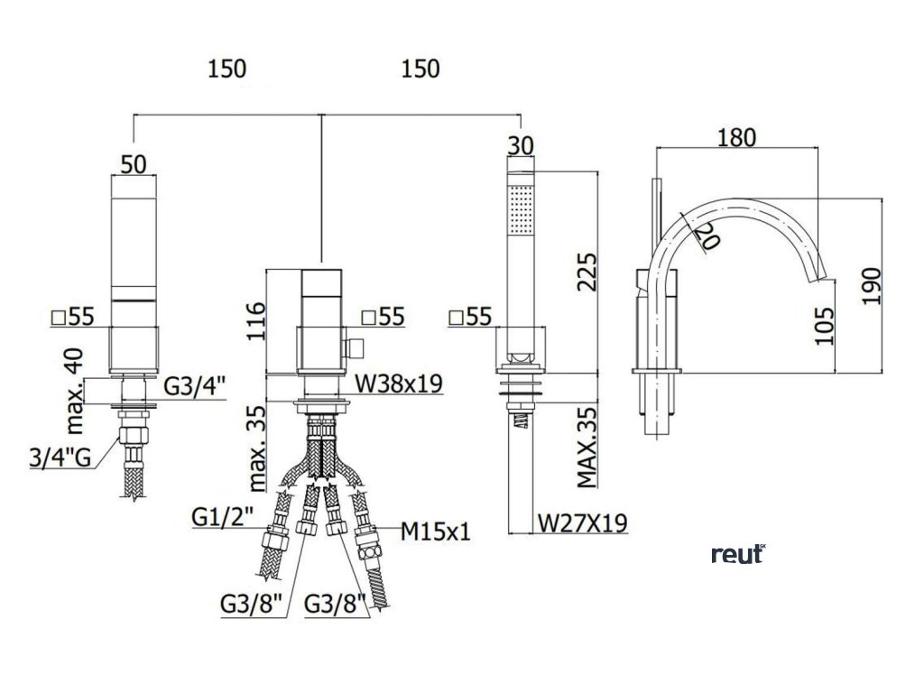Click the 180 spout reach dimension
(736, 137)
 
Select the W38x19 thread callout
(398, 384)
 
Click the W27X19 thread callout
(582, 522)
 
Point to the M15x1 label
(437, 531)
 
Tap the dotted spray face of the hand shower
(522, 207)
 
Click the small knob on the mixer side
(356, 346)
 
